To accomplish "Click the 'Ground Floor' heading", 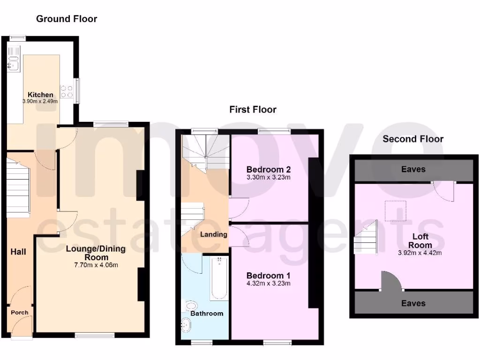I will (67, 19).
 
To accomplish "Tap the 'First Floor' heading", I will (253, 110).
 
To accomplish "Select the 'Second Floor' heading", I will (412, 139).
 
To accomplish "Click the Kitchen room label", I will (40, 95).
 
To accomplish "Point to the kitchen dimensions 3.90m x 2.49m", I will (40, 101).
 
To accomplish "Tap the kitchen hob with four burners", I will (66, 91).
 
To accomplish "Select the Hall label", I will (18, 252).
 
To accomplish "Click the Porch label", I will (19, 312).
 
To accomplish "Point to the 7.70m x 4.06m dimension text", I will (96, 265).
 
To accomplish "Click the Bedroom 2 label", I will (265, 170).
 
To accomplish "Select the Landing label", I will (214, 234).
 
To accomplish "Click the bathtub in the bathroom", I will (219, 278).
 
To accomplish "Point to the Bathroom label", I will (207, 313).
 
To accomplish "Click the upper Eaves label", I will (413, 169).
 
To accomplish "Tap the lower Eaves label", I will (413, 303).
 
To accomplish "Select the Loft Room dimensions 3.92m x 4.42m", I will (420, 253).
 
